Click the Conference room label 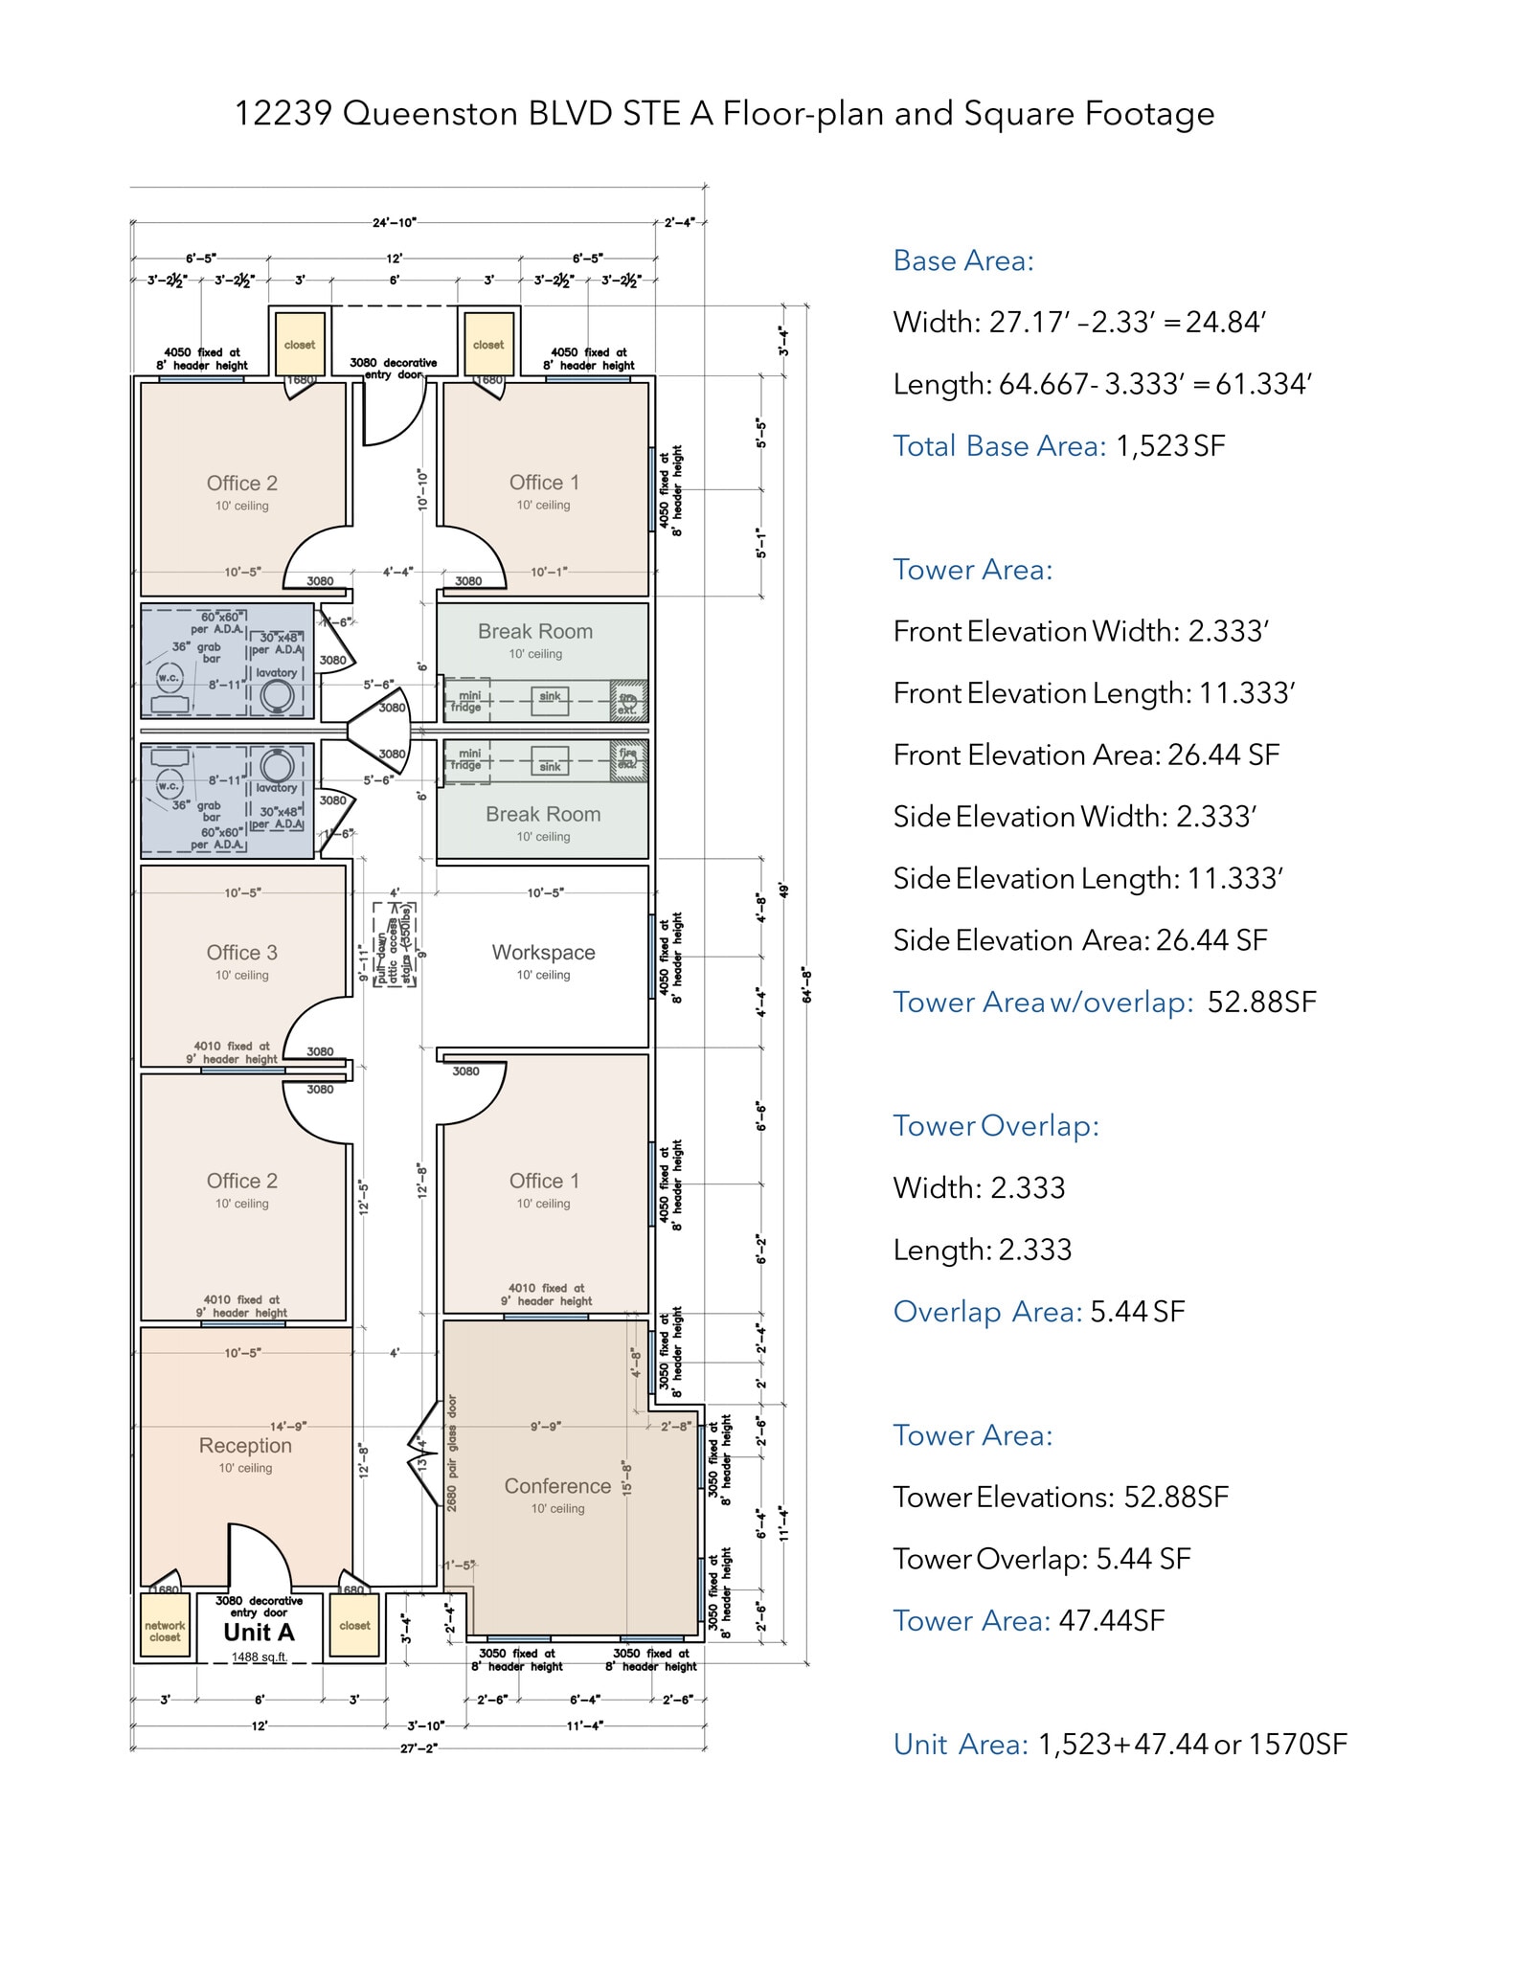pyautogui.click(x=557, y=1486)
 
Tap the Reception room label pyautogui.click(x=245, y=1446)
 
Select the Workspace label pyautogui.click(x=543, y=953)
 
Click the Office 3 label pyautogui.click(x=242, y=953)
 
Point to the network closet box pyautogui.click(x=165, y=1631)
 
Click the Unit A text pyautogui.click(x=259, y=1633)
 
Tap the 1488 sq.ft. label pyautogui.click(x=259, y=1657)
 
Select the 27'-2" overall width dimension pyautogui.click(x=419, y=1748)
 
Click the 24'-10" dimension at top pyautogui.click(x=395, y=223)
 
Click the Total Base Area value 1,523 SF pyautogui.click(x=1170, y=446)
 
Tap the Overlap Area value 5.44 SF pyautogui.click(x=1138, y=1312)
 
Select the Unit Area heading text pyautogui.click(x=961, y=1745)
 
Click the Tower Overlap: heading pyautogui.click(x=996, y=1126)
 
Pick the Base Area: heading pyautogui.click(x=963, y=261)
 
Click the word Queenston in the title pyautogui.click(x=430, y=114)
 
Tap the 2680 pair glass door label pyautogui.click(x=452, y=1454)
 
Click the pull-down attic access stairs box pyautogui.click(x=395, y=944)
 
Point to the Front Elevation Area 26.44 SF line pyautogui.click(x=1086, y=755)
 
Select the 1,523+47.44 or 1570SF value pyautogui.click(x=1192, y=1745)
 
